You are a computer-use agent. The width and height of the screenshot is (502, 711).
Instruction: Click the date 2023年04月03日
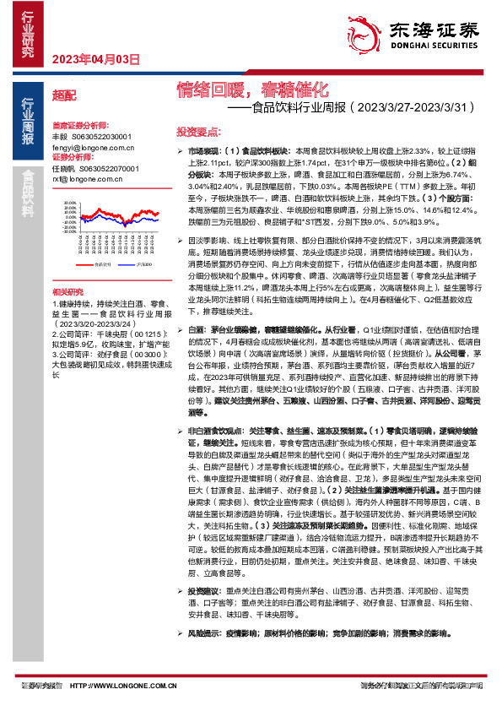click(x=95, y=59)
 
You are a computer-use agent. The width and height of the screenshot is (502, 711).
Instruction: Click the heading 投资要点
click(x=199, y=132)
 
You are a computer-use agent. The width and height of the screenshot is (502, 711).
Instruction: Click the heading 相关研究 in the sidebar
click(x=67, y=289)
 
